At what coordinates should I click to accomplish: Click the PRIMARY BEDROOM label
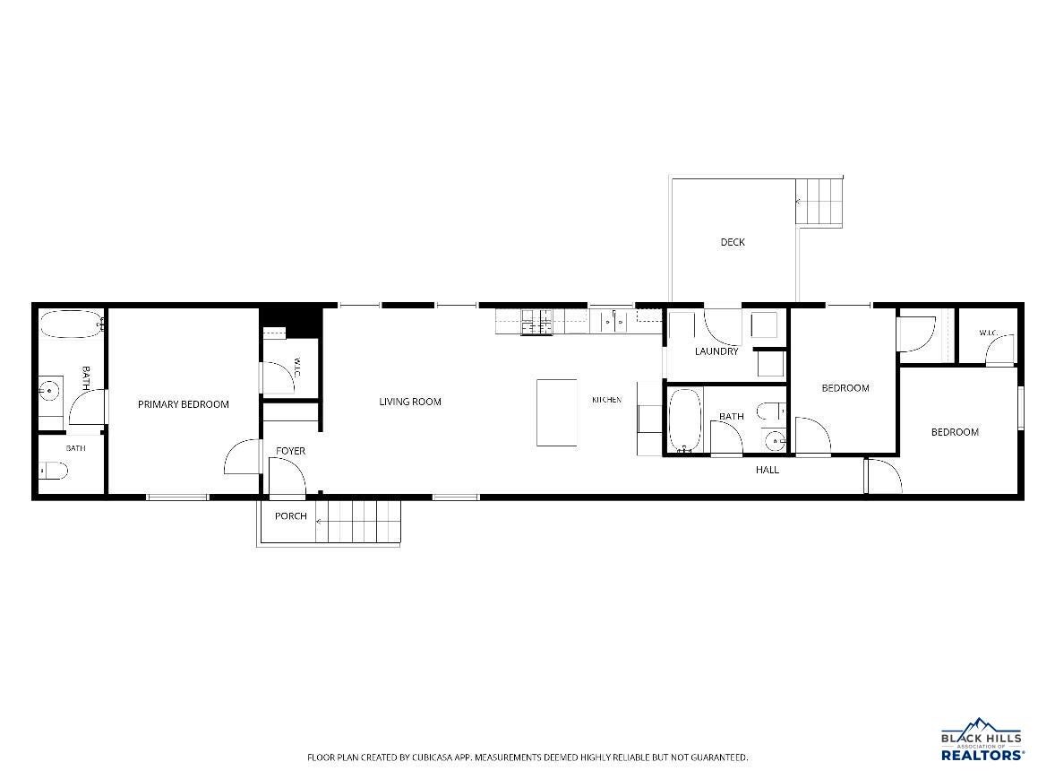click(x=183, y=404)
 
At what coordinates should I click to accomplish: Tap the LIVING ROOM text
click(x=410, y=402)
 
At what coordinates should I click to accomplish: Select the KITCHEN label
click(x=606, y=400)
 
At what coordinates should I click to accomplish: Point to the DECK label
click(x=733, y=242)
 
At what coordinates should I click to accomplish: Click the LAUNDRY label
click(x=716, y=351)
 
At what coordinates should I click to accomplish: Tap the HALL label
click(x=767, y=470)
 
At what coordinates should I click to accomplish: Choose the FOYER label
click(x=291, y=450)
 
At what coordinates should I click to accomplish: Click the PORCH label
click(x=291, y=515)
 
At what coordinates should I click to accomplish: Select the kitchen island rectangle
click(x=556, y=412)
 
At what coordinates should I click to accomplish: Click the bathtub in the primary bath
click(x=71, y=324)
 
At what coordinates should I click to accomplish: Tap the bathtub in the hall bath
click(x=685, y=420)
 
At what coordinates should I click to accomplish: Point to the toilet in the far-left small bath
click(x=54, y=470)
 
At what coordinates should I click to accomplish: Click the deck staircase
click(x=819, y=202)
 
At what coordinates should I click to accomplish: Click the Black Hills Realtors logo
click(x=982, y=740)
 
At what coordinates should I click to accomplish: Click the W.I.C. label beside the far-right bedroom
click(x=988, y=333)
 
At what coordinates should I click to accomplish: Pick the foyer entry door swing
click(x=287, y=477)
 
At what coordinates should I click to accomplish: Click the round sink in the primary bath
click(x=48, y=389)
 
